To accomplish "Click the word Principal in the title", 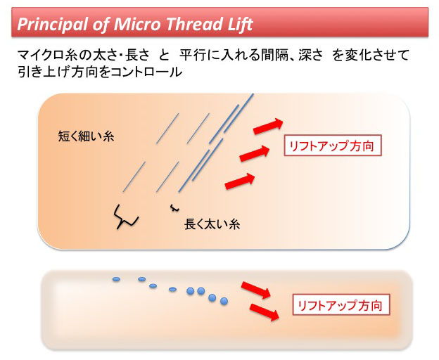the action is pos(53,25).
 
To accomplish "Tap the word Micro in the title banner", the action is pos(137,24).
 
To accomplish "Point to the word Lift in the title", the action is pos(241,24).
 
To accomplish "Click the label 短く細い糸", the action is pos(86,136).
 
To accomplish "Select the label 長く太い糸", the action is pos(212,224).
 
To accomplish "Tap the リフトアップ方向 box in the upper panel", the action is pos(333,146).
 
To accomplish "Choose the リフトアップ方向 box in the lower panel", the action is pos(341,305).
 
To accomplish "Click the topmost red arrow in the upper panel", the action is pos(268,126).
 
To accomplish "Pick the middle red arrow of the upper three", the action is pos(255,153).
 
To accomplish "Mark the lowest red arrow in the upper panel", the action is pos(240,181).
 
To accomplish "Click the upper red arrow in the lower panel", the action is pos(256,290).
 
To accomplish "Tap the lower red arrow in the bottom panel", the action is pos(265,312).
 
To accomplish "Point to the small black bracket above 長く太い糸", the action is pos(174,208).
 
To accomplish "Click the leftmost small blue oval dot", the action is pos(116,279).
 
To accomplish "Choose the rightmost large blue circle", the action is pos(224,301).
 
